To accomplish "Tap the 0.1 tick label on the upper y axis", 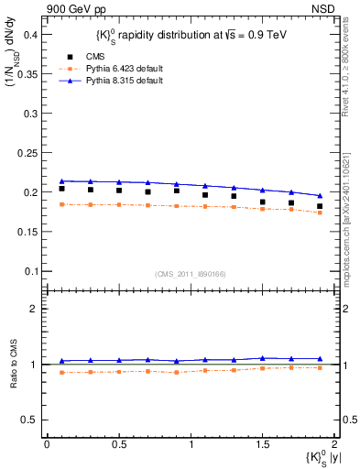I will coord(30,271).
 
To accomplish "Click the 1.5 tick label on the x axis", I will coord(263,444).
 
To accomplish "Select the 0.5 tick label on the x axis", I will coord(118,444).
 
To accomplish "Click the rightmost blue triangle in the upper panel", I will coord(320,195).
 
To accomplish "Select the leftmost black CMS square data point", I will coord(61,189).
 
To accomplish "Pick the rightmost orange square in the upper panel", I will coord(320,213).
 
